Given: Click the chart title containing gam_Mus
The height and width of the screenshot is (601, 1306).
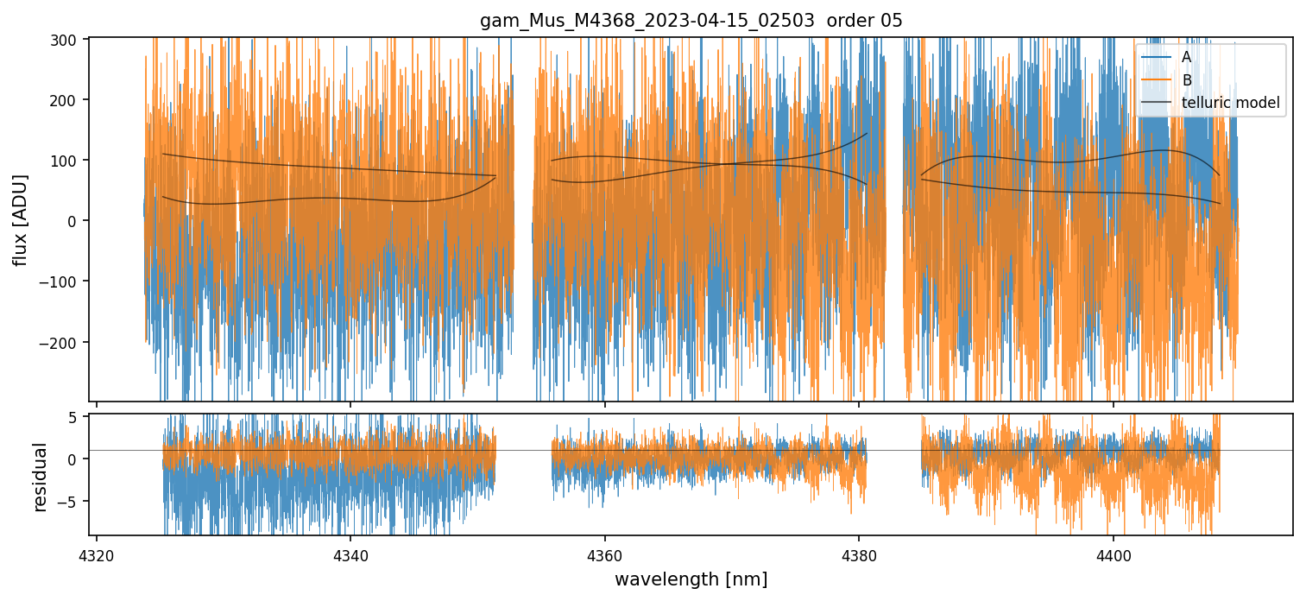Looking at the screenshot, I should coord(691,21).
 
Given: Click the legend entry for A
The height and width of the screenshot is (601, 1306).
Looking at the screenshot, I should coord(1187,58).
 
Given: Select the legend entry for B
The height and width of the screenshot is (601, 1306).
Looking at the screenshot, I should coord(1187,80).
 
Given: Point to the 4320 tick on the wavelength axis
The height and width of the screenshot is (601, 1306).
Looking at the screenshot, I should coord(96,553).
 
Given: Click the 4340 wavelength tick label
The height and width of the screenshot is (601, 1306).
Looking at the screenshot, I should coord(350,553).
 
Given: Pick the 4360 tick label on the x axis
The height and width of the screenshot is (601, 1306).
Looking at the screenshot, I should coord(604,553).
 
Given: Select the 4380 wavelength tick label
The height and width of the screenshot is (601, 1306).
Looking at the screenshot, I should coord(859,553).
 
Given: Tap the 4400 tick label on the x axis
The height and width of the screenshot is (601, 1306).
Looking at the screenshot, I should coord(1113,553).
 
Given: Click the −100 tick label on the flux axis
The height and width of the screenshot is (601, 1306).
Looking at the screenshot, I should coord(63,282).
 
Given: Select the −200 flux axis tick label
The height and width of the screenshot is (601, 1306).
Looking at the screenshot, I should coord(63,343).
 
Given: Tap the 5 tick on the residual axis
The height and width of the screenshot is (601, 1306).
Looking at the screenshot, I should coord(73,417).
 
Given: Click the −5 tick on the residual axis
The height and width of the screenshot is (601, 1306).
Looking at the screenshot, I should coord(70,501).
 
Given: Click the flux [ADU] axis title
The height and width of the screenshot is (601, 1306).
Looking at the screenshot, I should coord(20,220).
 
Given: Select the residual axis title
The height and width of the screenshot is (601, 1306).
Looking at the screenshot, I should coord(40,477).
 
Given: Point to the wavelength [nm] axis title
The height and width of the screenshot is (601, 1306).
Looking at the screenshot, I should coord(691,579).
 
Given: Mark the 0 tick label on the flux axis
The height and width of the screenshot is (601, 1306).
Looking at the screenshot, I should coord(73,221).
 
